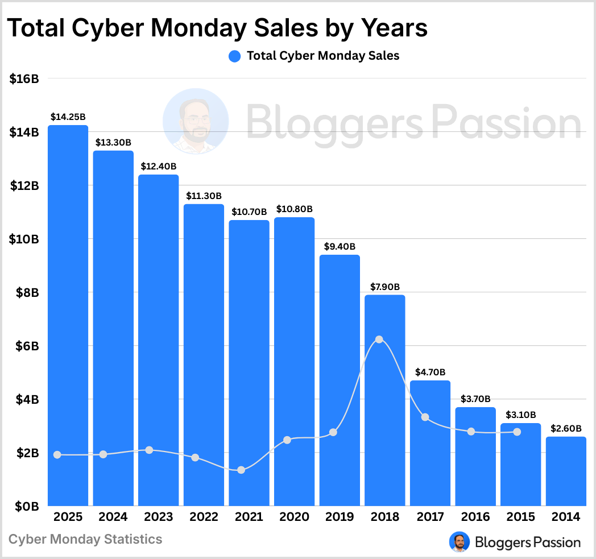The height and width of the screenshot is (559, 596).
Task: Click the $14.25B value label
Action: click(x=68, y=117)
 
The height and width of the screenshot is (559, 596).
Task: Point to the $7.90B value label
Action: click(x=385, y=287)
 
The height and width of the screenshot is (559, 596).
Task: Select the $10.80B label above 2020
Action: click(x=295, y=209)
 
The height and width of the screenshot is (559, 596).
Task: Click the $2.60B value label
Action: click(x=566, y=428)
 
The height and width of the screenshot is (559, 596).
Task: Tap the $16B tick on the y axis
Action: click(x=24, y=79)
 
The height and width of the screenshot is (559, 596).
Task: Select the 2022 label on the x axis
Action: click(x=204, y=517)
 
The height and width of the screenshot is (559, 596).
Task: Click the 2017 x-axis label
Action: click(x=430, y=517)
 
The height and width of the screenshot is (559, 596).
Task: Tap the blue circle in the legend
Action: click(x=235, y=56)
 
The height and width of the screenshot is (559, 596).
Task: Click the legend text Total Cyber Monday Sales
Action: click(x=322, y=56)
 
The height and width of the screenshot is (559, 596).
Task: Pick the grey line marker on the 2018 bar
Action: click(x=379, y=339)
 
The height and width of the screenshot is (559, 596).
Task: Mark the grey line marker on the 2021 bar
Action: click(x=241, y=470)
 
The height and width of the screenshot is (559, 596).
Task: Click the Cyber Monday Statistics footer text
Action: click(x=86, y=539)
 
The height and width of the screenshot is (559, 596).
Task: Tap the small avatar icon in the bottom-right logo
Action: click(x=460, y=542)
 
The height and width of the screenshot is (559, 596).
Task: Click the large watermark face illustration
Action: click(x=196, y=121)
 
